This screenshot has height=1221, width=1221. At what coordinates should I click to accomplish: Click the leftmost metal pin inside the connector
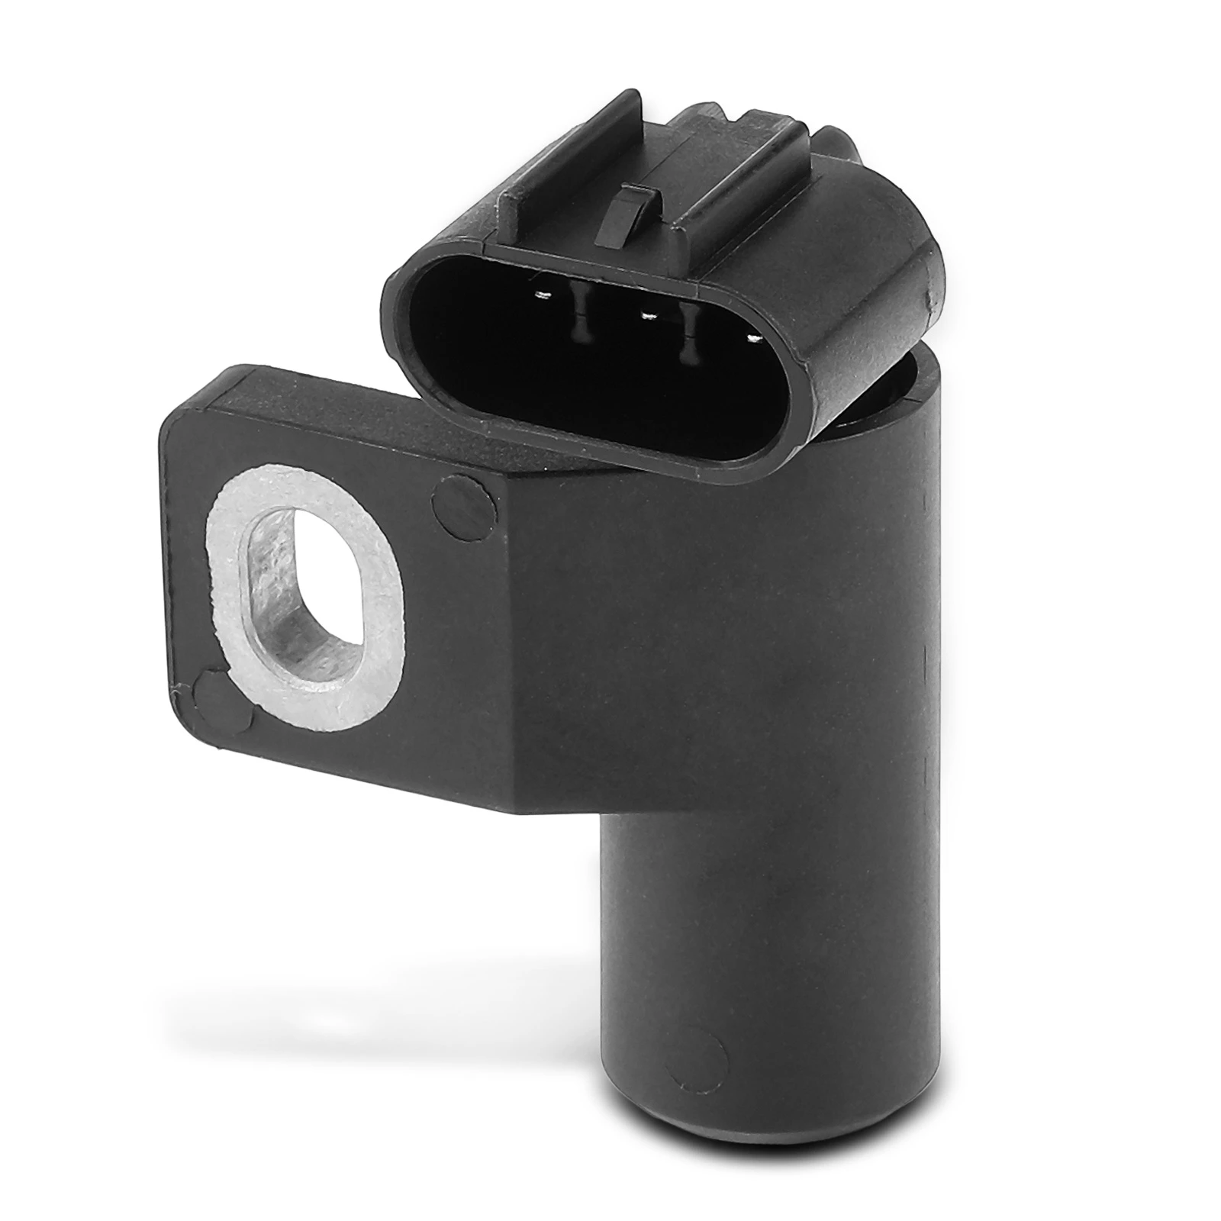coord(544,296)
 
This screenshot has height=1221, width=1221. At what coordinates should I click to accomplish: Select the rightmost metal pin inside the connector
coord(754,337)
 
